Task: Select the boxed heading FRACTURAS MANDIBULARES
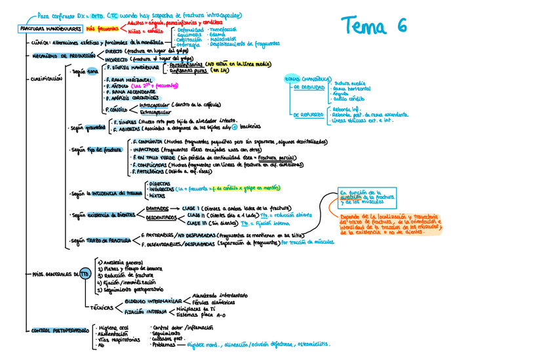[x=50, y=30]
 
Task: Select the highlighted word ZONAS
[x=293, y=79]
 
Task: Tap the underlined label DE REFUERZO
[x=308, y=114]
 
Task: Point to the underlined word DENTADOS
[x=158, y=208]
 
